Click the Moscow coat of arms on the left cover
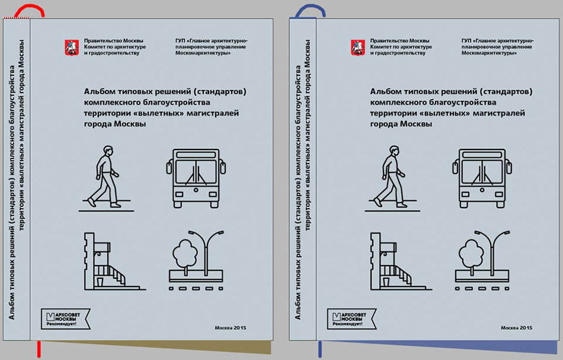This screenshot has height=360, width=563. pyautogui.click(x=72, y=47)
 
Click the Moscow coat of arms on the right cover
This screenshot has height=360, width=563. pyautogui.click(x=358, y=47)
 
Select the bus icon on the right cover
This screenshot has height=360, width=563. pyautogui.click(x=482, y=179)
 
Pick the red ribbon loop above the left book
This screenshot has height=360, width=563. pyautogui.click(x=30, y=11)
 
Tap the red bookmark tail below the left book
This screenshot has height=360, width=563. pyautogui.click(x=39, y=349)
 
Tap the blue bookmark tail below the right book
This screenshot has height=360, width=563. pyautogui.click(x=320, y=349)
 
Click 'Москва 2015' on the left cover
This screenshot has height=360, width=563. pyautogui.click(x=231, y=327)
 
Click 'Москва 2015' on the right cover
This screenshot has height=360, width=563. pyautogui.click(x=517, y=327)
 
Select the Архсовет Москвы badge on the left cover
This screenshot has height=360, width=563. pyautogui.click(x=65, y=319)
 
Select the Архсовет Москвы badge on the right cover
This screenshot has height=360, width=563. pyautogui.click(x=351, y=319)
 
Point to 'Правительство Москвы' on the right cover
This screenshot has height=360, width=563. pyautogui.click(x=399, y=40)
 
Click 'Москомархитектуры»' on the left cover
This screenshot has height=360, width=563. pyautogui.click(x=203, y=53)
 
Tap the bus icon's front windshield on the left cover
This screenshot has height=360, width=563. pyautogui.click(x=196, y=172)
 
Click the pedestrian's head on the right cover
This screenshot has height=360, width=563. pyautogui.click(x=394, y=150)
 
